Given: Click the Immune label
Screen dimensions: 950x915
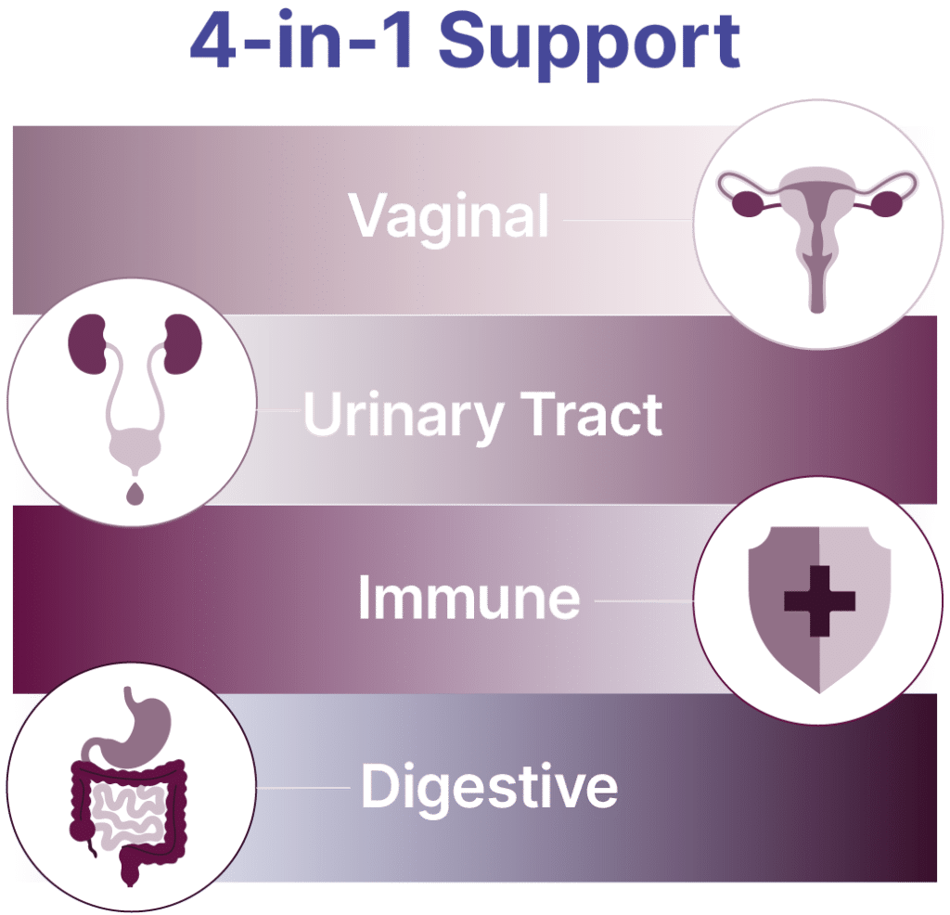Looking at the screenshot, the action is pos(469,598).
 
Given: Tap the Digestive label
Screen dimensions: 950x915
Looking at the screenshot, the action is pos(490,789).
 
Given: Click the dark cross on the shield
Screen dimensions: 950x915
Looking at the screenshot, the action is pos(819,601).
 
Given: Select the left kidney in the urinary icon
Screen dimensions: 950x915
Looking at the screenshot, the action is pos(87,343).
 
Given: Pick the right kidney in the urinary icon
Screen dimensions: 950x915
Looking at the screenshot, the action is pos(183,343).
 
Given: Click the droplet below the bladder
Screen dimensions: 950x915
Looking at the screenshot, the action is pos(135,495).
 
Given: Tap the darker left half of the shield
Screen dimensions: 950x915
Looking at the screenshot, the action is pos(784,606).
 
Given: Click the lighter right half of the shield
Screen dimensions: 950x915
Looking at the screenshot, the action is pos(854,606).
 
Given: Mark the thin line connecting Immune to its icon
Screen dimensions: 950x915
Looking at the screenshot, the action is pos(644,601).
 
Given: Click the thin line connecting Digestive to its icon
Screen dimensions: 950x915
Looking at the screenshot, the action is pos(303,788).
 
